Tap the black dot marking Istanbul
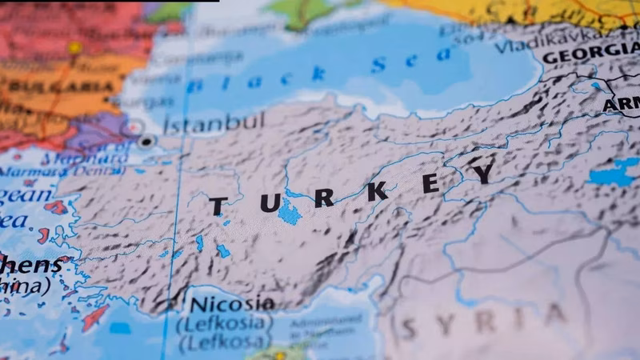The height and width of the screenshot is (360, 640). point(146,142)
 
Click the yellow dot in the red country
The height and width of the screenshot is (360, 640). point(74,48)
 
